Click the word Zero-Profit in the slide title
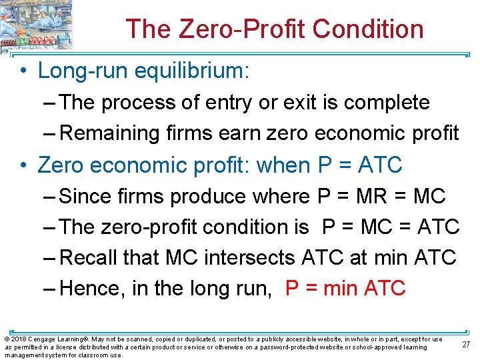tap(237, 29)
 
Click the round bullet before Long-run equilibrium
tap(24, 71)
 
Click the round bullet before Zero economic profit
tap(24, 165)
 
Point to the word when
tap(285, 165)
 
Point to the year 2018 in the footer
tap(17, 339)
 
